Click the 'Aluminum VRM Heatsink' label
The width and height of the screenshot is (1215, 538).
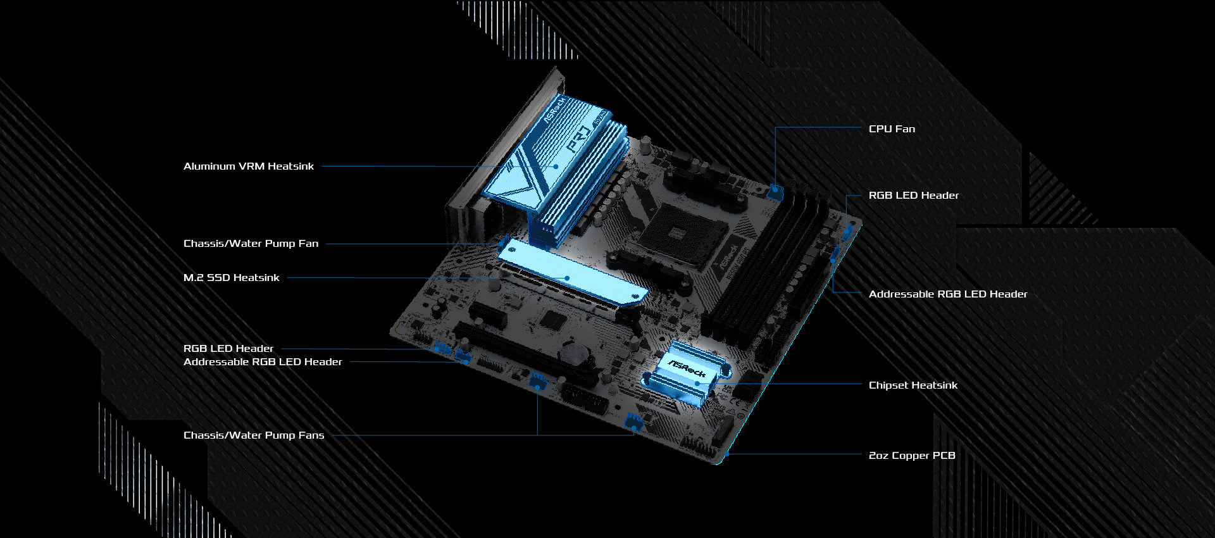coord(248,166)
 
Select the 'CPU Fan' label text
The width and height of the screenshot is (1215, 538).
coord(892,129)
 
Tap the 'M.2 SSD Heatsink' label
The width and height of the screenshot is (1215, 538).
coord(231,278)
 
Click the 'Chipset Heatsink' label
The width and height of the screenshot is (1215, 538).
coord(913,385)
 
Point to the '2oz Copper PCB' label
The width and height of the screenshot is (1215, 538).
coord(911,456)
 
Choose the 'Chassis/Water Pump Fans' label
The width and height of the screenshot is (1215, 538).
coord(253,435)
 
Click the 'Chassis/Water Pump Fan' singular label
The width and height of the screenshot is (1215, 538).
coord(251,244)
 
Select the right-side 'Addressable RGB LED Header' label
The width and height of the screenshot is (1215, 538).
coord(947,294)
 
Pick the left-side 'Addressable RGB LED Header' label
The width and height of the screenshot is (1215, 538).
coord(263,362)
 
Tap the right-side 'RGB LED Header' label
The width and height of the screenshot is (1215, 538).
coord(913,196)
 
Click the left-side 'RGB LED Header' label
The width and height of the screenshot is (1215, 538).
coord(228,349)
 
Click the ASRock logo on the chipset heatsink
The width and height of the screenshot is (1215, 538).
coord(687,368)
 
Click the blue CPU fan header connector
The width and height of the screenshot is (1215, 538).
coord(775,191)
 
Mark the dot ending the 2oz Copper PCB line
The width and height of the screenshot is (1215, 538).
coord(728,454)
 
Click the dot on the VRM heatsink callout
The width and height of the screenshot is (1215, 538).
coord(556,166)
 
